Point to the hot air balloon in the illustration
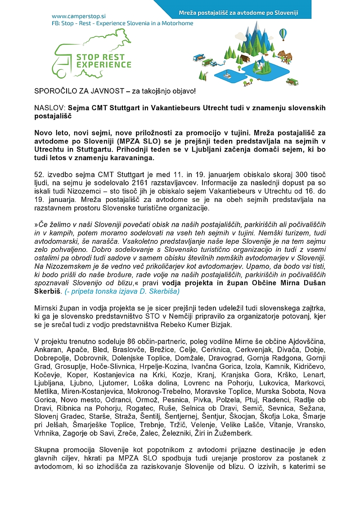click(283, 33)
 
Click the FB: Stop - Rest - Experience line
click(122, 23)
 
